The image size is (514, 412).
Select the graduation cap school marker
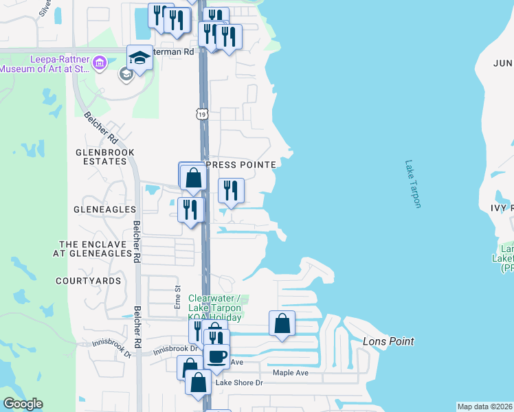[x=139, y=58]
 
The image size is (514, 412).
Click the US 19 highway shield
[x=201, y=113]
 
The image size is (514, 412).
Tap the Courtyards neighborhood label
[x=88, y=281]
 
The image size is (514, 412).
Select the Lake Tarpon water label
[x=412, y=184]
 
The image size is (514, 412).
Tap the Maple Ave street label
[x=291, y=373]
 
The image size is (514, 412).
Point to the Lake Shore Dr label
[x=239, y=382]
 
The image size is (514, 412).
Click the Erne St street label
[x=177, y=296]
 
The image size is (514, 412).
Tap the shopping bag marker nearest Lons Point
[x=282, y=323]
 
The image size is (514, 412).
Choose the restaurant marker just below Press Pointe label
[x=231, y=190]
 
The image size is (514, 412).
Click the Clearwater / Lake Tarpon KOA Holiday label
[x=215, y=308]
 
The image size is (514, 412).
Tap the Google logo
[x=23, y=404]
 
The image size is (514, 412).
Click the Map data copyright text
[x=484, y=407]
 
